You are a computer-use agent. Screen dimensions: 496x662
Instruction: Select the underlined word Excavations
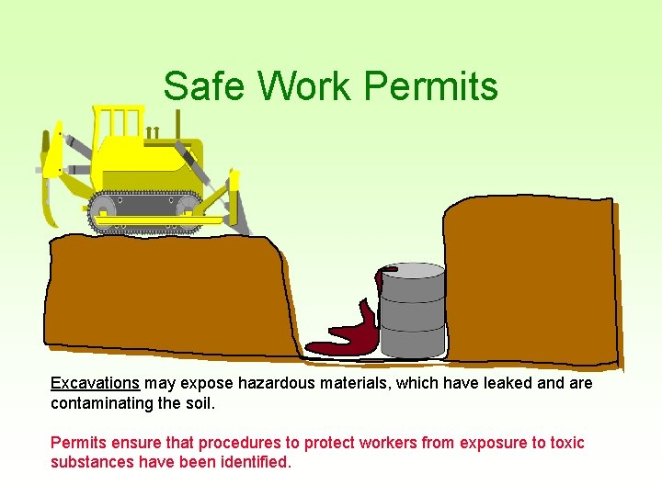95,383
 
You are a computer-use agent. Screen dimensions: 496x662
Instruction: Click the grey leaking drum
413,312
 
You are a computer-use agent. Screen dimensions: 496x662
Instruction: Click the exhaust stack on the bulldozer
177,124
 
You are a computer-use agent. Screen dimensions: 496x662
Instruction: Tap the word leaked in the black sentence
508,383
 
